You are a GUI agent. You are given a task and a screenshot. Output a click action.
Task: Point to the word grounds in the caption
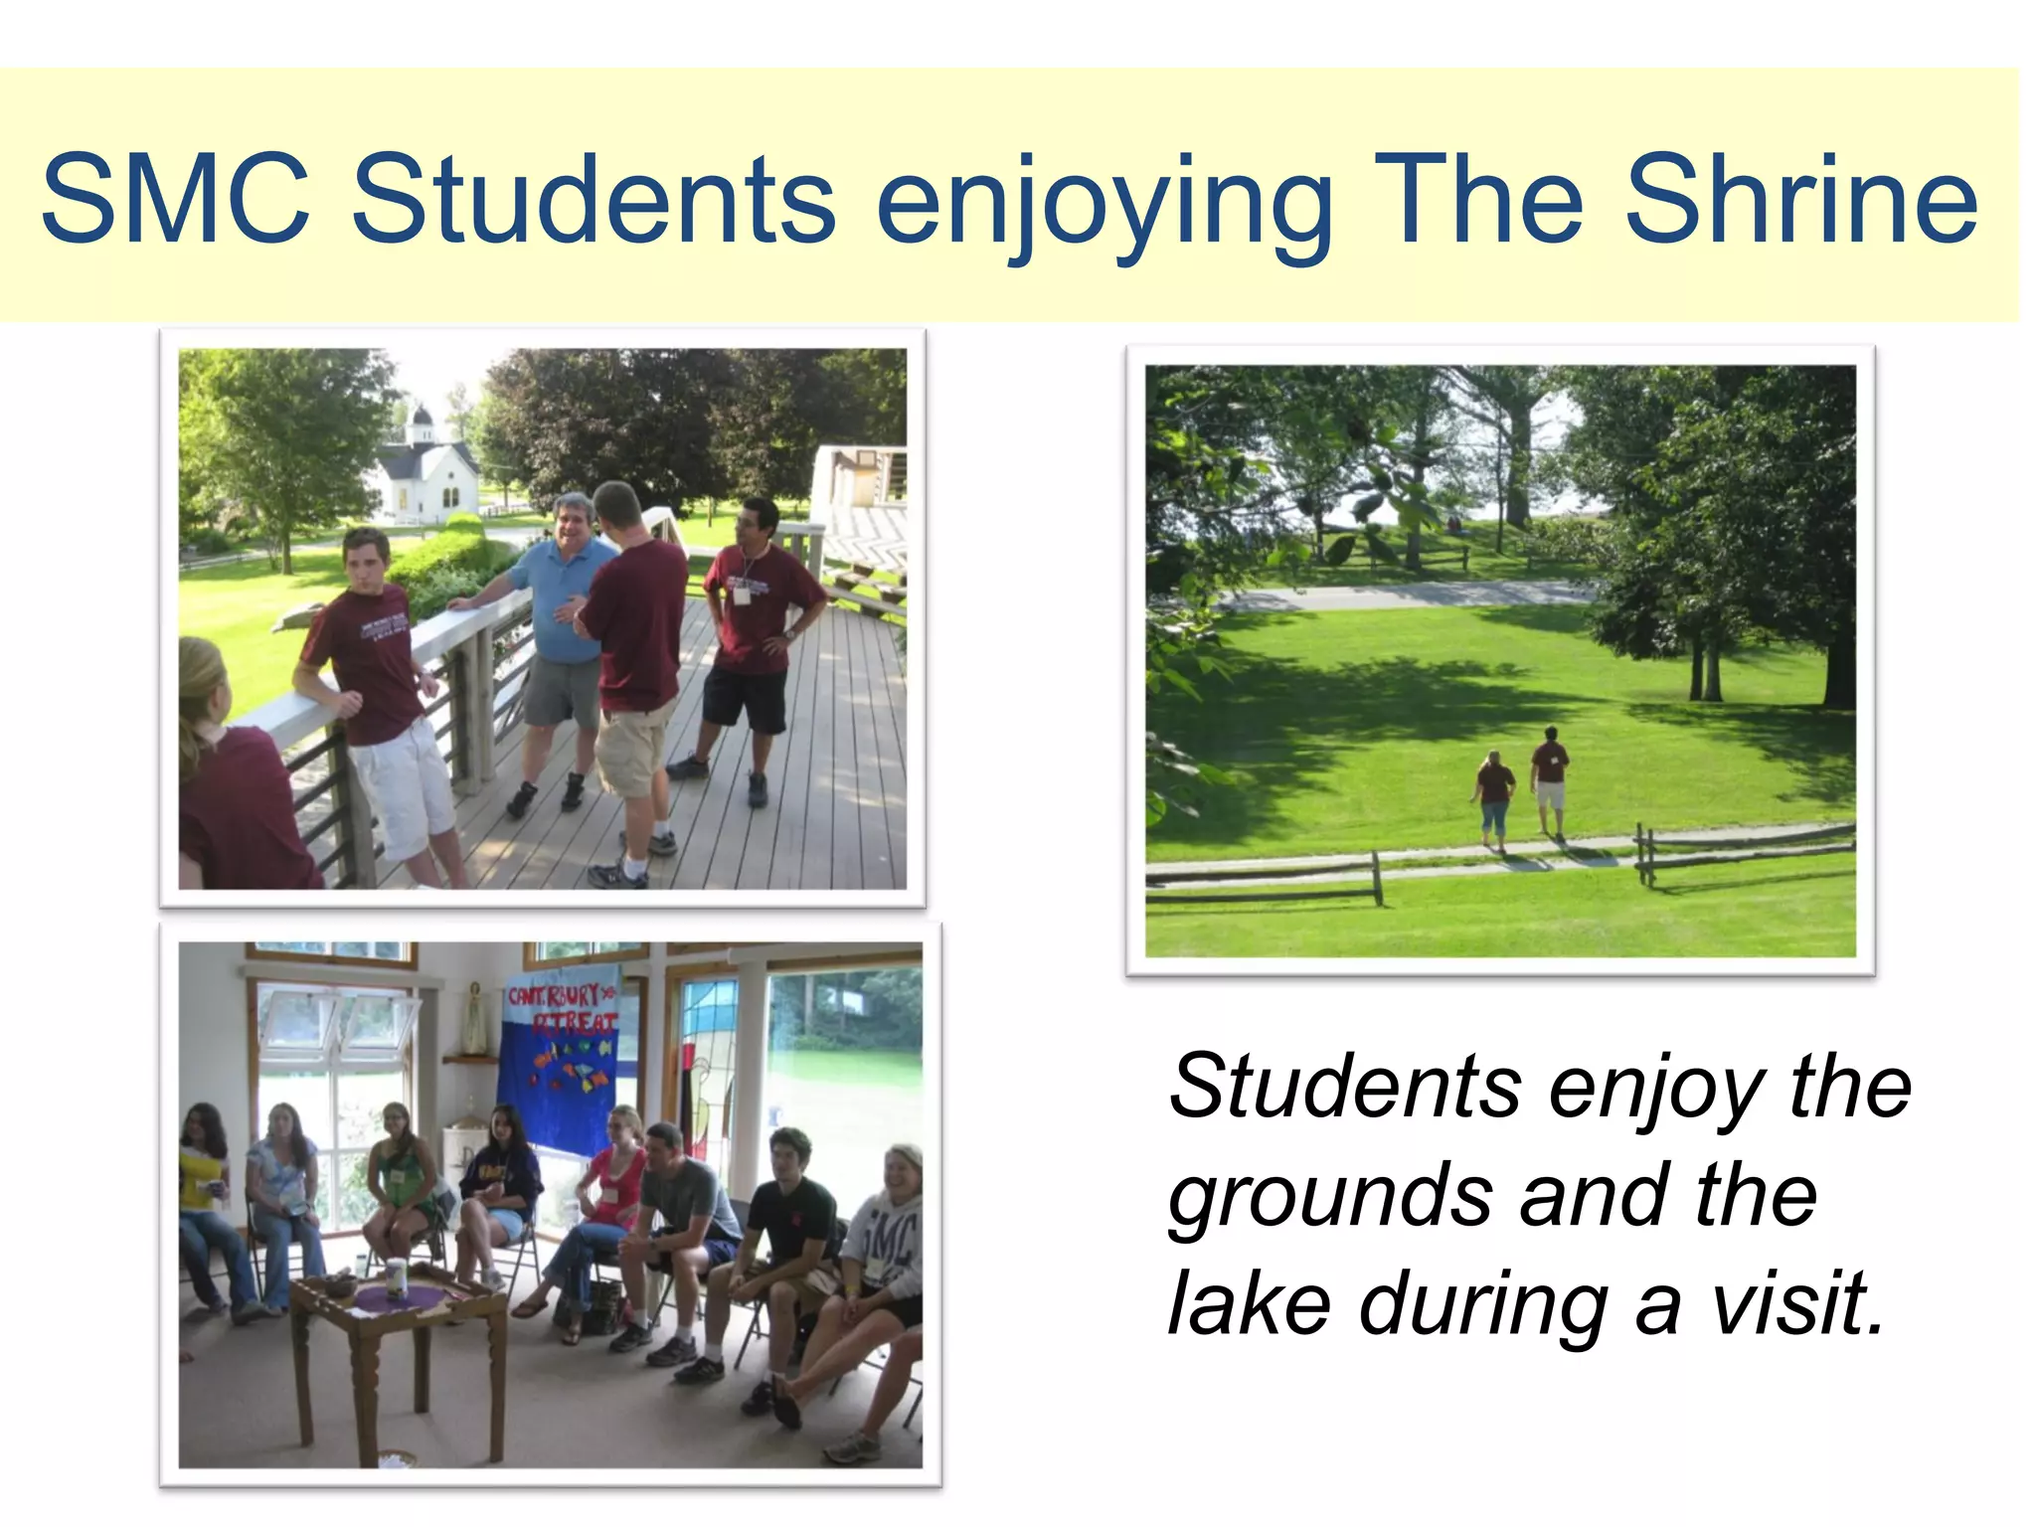[x=1330, y=1198]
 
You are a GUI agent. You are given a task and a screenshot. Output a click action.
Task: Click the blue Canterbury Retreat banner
[x=559, y=1064]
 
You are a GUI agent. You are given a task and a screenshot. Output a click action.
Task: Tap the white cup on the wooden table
[x=397, y=1276]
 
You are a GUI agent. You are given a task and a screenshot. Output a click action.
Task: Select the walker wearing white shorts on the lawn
[x=1549, y=780]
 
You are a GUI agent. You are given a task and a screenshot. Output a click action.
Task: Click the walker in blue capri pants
[x=1494, y=795]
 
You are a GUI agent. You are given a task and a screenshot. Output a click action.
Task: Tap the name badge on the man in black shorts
[x=742, y=595]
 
